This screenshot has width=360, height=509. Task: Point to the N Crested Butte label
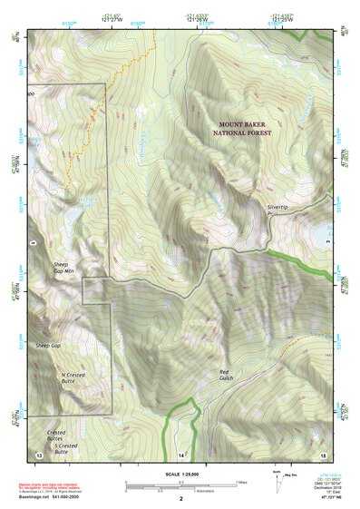coord(73,378)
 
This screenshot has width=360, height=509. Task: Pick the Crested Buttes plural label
coord(56,434)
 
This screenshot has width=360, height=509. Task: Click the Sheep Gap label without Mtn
coord(47,347)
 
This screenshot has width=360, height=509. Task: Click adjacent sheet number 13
coord(38,453)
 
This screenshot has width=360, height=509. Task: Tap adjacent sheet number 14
coord(180,454)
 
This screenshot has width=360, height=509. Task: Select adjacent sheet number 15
coord(323,453)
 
